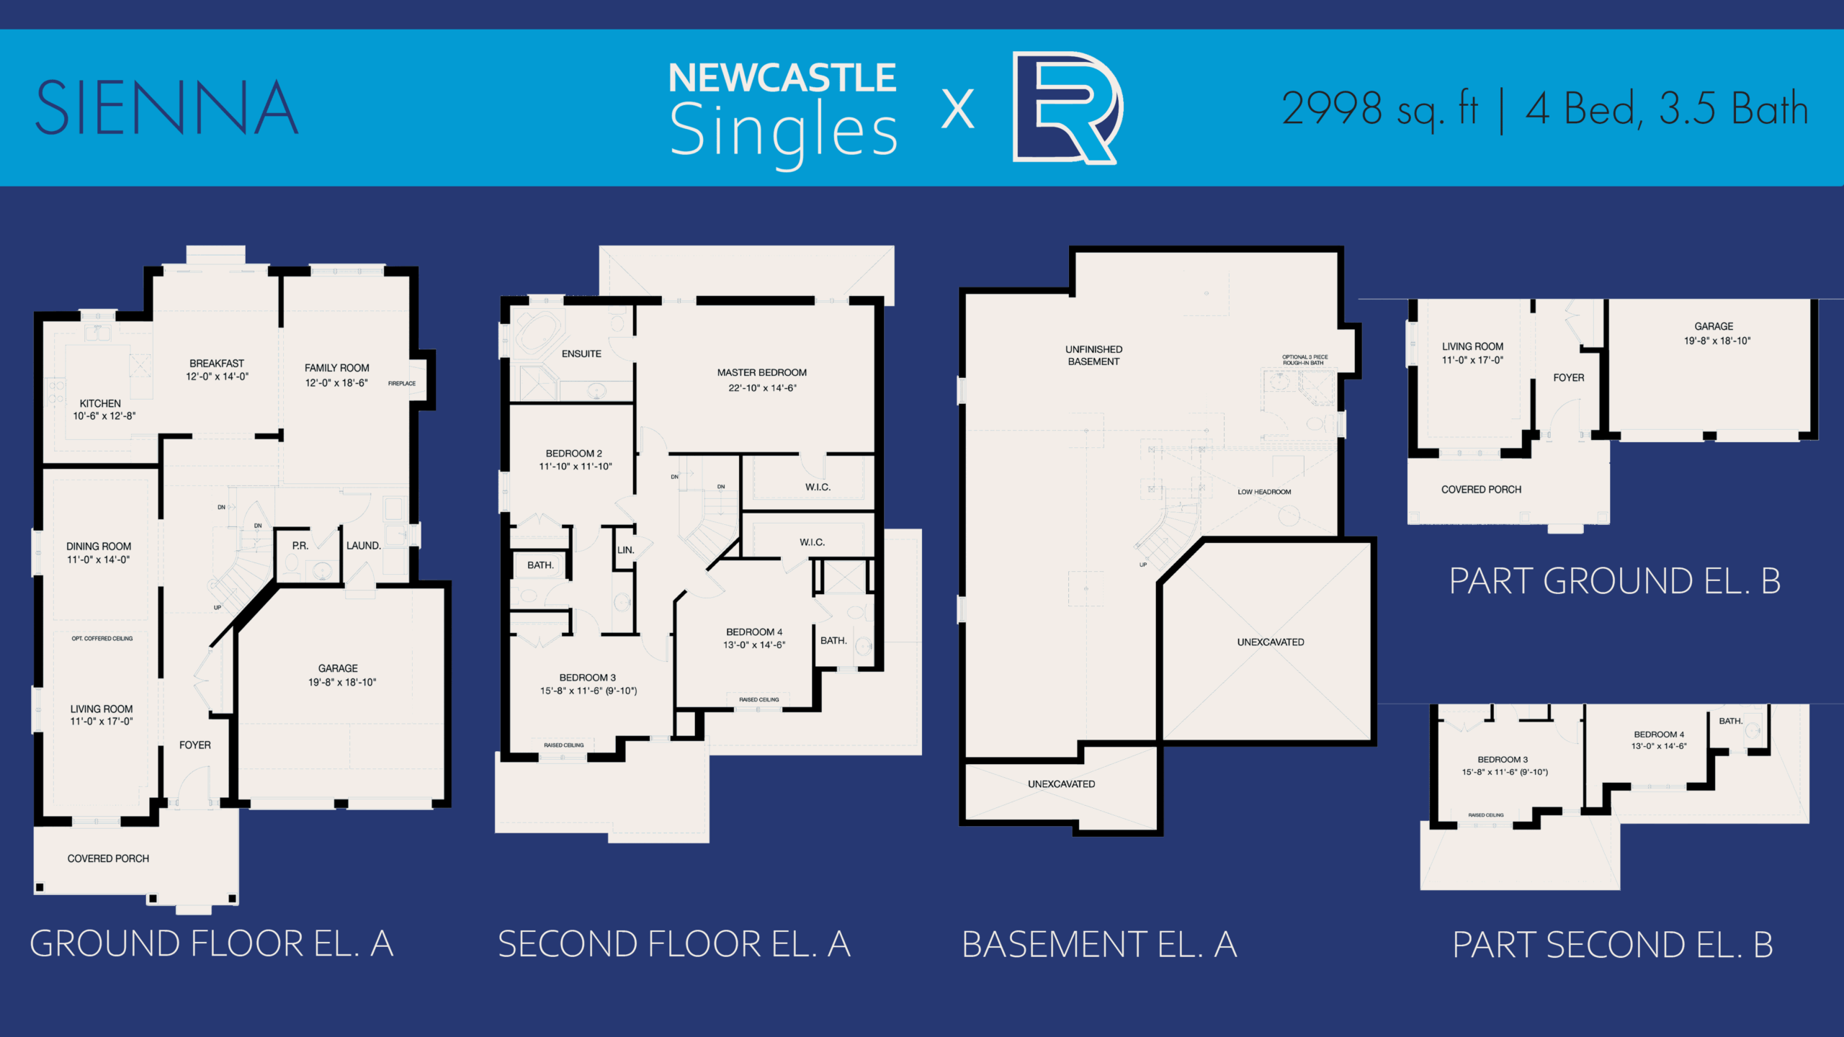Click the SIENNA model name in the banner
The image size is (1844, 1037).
click(x=166, y=108)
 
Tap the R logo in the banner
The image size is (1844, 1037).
click(x=1065, y=108)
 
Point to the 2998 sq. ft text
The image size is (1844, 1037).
click(x=1379, y=109)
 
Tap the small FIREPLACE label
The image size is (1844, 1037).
click(x=401, y=383)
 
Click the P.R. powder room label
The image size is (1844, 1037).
click(x=300, y=546)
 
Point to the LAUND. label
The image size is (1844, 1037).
click(x=363, y=546)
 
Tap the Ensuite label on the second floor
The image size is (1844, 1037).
click(x=581, y=354)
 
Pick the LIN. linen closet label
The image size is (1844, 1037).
click(x=625, y=550)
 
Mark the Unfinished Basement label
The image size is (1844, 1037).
click(x=1093, y=355)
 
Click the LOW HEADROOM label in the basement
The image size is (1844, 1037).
click(x=1263, y=492)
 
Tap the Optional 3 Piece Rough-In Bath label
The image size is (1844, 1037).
click(x=1304, y=359)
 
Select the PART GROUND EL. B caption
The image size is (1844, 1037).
click(x=1614, y=581)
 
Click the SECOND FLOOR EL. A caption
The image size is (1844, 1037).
click(x=673, y=944)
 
